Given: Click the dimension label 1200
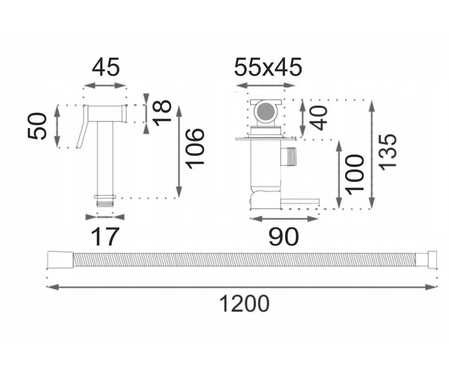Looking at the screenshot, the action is click(x=244, y=304).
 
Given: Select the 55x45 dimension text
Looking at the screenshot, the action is click(x=268, y=67).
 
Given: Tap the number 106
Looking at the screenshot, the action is click(x=195, y=149).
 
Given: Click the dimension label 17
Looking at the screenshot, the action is click(x=105, y=237).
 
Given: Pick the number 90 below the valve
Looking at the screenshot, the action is click(x=284, y=237).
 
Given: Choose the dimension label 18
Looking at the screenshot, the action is click(x=162, y=113).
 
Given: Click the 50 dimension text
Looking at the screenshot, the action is click(x=37, y=126).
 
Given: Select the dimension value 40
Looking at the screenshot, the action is click(x=318, y=118).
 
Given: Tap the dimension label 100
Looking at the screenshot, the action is click(x=354, y=175).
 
